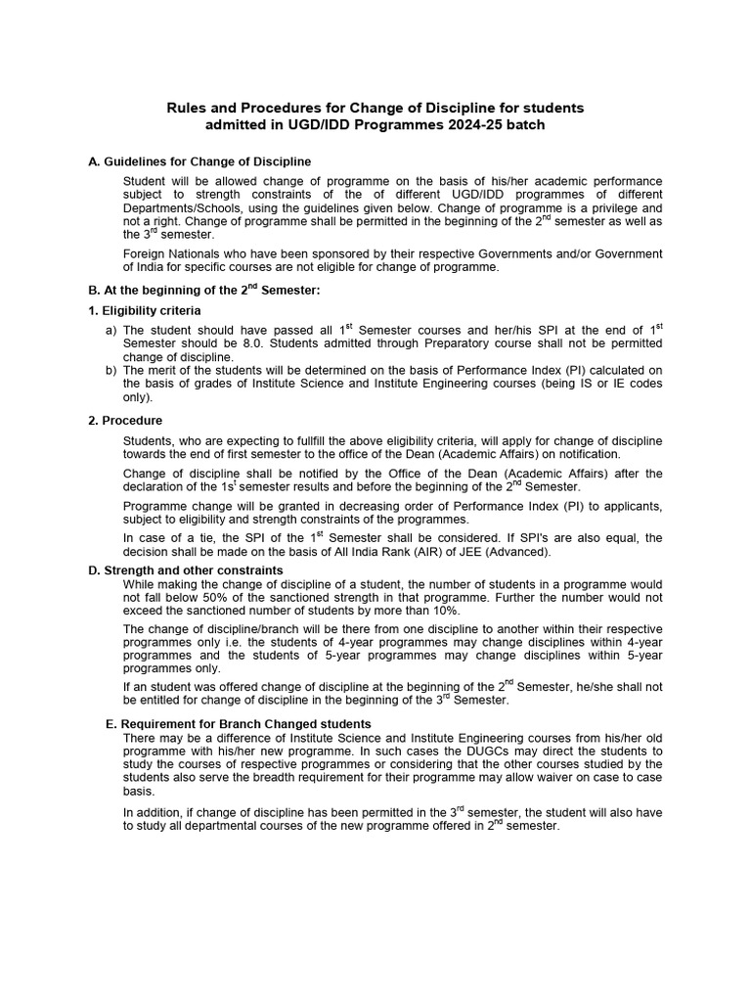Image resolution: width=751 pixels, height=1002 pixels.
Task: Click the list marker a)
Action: tap(110, 331)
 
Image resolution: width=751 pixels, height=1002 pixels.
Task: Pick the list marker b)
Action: tap(110, 369)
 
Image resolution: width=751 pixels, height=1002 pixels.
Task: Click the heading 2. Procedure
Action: tap(125, 421)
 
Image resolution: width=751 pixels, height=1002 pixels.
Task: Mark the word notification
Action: tap(584, 454)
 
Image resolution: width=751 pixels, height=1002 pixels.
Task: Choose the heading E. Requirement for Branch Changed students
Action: tap(238, 723)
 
